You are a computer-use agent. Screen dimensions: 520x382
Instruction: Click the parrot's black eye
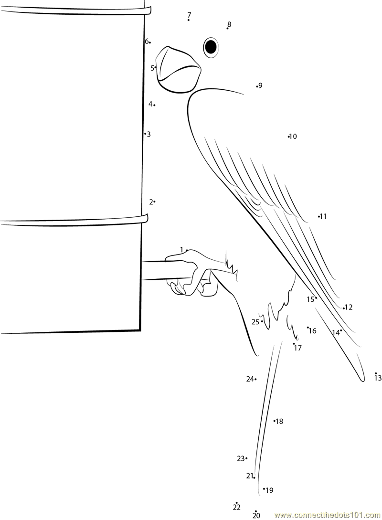(x=210, y=46)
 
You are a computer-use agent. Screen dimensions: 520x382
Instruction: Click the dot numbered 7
(x=189, y=20)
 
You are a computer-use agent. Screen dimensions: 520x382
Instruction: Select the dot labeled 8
(x=228, y=29)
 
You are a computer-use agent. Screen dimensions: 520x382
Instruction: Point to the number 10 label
(x=294, y=137)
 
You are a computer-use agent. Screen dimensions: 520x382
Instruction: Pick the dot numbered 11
(x=319, y=217)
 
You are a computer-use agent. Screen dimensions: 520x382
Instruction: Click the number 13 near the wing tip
(x=378, y=378)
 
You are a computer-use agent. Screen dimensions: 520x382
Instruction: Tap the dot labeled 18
(x=275, y=421)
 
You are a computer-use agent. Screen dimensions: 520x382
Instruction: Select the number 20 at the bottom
(x=256, y=516)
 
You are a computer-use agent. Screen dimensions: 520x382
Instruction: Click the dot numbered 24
(x=255, y=379)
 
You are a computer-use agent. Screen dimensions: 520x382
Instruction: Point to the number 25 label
(x=255, y=322)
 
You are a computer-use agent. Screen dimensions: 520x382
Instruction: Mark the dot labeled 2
(x=155, y=202)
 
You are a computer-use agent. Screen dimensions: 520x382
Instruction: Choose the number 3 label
(x=149, y=134)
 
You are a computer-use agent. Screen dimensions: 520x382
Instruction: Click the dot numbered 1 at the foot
(x=187, y=250)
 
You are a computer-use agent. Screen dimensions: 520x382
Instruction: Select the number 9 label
(x=261, y=86)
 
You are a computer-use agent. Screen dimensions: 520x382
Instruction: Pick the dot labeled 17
(x=294, y=343)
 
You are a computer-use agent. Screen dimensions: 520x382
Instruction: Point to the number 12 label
(x=349, y=308)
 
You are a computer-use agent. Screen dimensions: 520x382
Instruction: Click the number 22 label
(x=237, y=508)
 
